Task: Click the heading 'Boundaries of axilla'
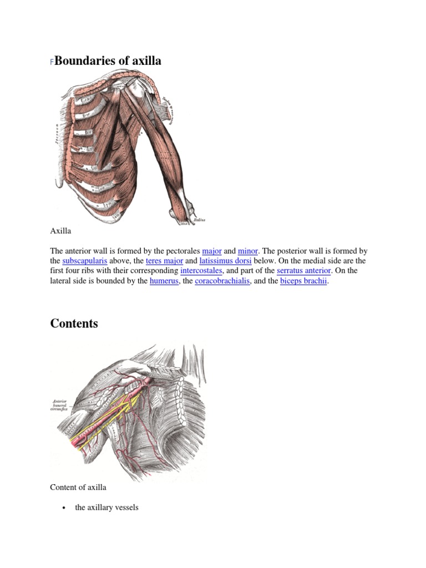[x=108, y=61]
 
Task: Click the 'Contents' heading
[x=74, y=323]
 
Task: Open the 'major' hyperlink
[x=212, y=251]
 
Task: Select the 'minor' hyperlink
[x=248, y=251]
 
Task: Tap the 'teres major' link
[x=164, y=261]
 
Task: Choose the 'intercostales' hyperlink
[x=201, y=271]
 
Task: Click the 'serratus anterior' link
[x=304, y=271]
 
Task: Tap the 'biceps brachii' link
[x=304, y=281]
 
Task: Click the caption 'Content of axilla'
[x=78, y=487]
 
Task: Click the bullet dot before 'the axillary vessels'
[x=65, y=508]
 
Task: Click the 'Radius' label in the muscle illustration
[x=199, y=220]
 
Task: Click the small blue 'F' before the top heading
[x=52, y=63]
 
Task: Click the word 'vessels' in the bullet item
[x=125, y=507]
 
